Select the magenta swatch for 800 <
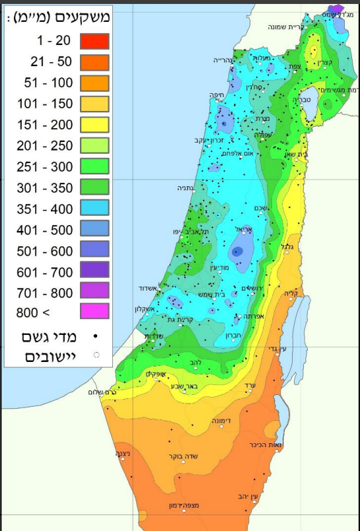coord(94,311)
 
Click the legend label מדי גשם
coord(50,337)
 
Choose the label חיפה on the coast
coord(215,95)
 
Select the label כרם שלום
coord(102,392)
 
